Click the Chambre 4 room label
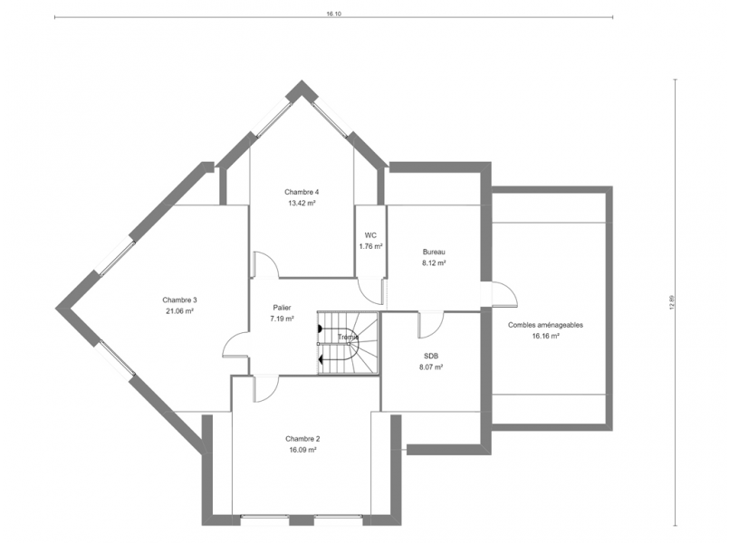(302, 192)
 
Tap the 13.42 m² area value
(302, 203)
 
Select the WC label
(370, 235)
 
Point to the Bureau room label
(434, 252)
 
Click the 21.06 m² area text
(179, 311)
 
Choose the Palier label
(283, 308)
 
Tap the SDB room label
(431, 356)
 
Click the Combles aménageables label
(545, 325)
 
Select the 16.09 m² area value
(302, 450)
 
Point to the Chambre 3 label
(179, 300)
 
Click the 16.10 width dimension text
(334, 14)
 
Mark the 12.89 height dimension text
(671, 303)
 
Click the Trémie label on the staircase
(349, 338)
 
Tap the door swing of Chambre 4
(266, 265)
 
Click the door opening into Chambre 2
(266, 389)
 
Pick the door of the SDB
(430, 325)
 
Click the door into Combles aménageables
(505, 294)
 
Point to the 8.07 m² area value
(431, 367)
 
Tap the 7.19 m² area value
(283, 319)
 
